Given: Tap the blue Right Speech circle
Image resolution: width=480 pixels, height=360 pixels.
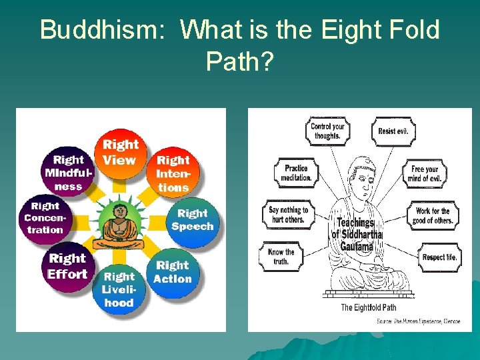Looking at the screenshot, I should tap(192, 221).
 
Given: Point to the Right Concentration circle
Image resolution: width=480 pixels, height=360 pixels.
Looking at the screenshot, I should tap(45, 219).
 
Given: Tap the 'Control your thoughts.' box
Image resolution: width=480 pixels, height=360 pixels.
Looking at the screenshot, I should tap(327, 130).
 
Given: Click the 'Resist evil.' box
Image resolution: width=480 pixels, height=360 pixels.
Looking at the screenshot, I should tap(393, 131).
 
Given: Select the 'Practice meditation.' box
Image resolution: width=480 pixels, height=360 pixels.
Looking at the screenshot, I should tap(296, 173).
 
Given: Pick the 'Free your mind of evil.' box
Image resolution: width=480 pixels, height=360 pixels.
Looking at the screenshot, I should tap(425, 173).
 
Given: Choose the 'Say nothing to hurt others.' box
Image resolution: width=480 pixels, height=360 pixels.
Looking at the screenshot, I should tap(287, 215).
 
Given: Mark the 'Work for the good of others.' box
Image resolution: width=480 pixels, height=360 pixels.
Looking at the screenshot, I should tap(433, 215).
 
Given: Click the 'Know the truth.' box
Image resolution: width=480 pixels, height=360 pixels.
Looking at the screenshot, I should tap(281, 257).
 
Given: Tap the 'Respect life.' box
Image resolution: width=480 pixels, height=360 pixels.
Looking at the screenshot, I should tap(439, 257).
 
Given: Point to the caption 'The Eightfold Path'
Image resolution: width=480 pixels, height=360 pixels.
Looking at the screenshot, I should tap(369, 307).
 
